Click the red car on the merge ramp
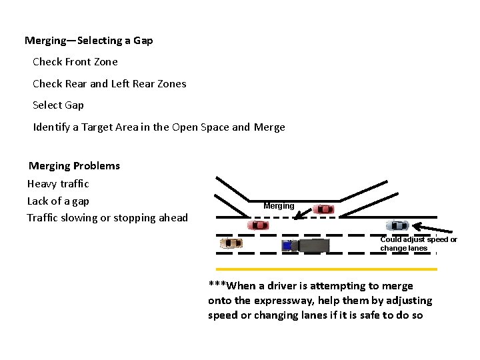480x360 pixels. [x=324, y=209]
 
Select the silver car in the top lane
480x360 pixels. [x=397, y=225]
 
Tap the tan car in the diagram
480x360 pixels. [x=232, y=243]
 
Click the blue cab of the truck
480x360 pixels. [x=288, y=245]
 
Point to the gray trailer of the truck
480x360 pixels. [x=313, y=245]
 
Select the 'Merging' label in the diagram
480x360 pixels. [x=279, y=206]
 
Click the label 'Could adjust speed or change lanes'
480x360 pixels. [x=419, y=244]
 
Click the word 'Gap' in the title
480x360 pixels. [x=143, y=41]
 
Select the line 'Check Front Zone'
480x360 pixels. [x=75, y=62]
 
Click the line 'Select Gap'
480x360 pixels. [x=59, y=105]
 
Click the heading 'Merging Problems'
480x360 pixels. [x=74, y=166]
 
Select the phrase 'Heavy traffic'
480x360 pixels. [x=58, y=184]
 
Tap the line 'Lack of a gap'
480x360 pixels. [x=58, y=201]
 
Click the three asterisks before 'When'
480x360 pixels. [x=217, y=285]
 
